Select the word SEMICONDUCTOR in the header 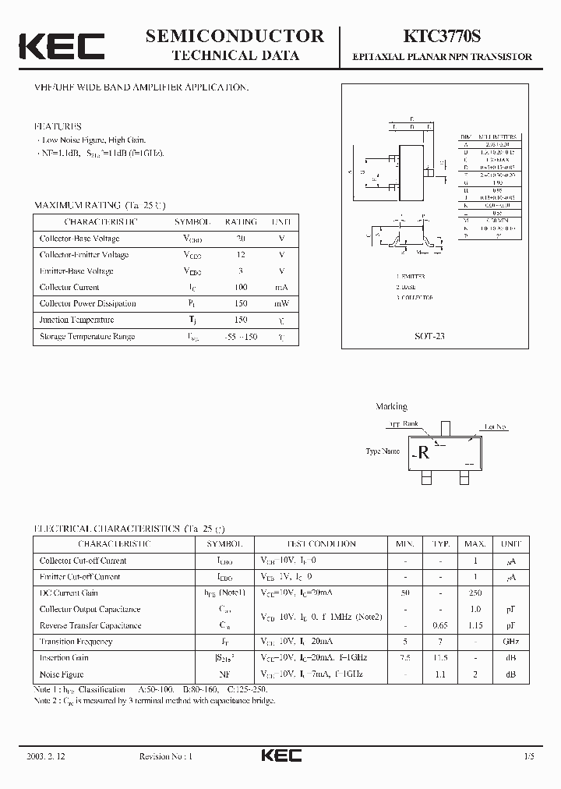pos(235,35)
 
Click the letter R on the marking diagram pos(424,453)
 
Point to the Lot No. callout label pos(496,427)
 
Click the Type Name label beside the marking pos(383,451)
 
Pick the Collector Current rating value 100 pos(241,288)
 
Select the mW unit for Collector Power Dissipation pos(281,304)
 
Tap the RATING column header pos(241,221)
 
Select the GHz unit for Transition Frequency pos(510,642)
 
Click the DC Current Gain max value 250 pos(475,593)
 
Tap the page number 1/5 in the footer pos(531,757)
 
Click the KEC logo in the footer pos(280,756)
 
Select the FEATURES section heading pos(58,126)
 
